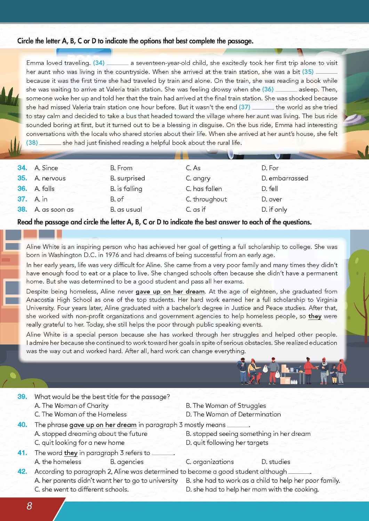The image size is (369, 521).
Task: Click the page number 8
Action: coord(29,506)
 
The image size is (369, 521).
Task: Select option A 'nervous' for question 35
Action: coord(50,178)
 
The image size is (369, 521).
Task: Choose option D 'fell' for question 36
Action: coord(270,189)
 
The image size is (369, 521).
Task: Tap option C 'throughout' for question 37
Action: coord(206,199)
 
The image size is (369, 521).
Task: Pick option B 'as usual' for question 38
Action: coord(126,209)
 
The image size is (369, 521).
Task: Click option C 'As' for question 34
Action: coord(193,168)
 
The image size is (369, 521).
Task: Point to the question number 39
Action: coord(22,397)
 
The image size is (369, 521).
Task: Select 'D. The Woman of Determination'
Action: coord(233,414)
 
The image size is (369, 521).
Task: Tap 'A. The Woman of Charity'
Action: coord(72,406)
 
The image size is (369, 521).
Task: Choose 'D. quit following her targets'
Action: coord(227,443)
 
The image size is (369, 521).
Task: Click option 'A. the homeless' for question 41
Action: coord(58,462)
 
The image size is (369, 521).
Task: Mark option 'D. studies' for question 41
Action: coord(276,462)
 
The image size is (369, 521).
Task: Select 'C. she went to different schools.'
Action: coord(82,489)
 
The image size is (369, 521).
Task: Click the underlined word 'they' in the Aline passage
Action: coord(315,316)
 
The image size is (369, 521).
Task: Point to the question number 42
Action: coord(22,471)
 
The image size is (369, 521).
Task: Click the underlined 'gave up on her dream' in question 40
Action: coord(103,425)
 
